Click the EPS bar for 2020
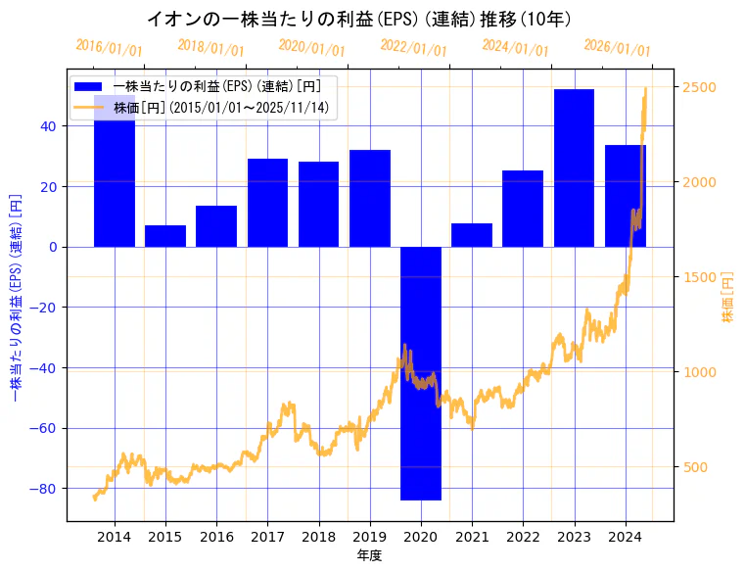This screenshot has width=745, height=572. (x=420, y=372)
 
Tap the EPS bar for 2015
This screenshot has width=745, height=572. (x=165, y=236)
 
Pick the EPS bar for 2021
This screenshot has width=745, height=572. (x=472, y=235)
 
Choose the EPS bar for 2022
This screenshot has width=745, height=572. (x=523, y=209)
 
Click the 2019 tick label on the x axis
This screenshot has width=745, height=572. (x=369, y=537)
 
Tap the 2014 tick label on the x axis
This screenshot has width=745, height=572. (x=115, y=537)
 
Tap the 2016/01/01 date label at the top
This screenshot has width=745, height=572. (x=109, y=48)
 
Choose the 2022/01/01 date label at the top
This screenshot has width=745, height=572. (x=413, y=48)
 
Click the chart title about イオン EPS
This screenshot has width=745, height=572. (x=359, y=20)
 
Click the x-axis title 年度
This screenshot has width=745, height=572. (x=369, y=555)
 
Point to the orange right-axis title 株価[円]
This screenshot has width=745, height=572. (x=727, y=299)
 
